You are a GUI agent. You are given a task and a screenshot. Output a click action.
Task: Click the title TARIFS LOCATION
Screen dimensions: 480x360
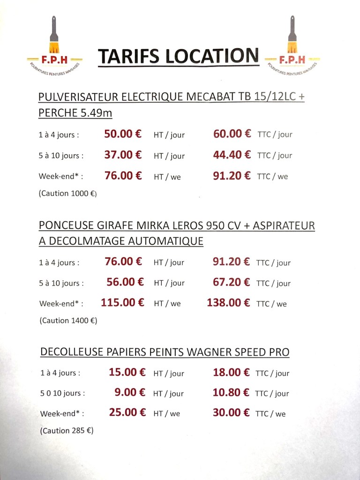click(178, 56)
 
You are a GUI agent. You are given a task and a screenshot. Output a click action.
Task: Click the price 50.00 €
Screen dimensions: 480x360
click(123, 134)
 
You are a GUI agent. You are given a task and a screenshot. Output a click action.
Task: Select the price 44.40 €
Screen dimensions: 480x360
click(232, 155)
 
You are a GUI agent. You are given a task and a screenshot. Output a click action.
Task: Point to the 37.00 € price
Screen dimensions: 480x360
click(123, 155)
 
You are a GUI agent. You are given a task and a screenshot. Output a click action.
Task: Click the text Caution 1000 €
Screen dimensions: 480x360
click(68, 193)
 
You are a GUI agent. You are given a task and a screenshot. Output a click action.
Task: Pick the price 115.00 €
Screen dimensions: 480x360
click(122, 302)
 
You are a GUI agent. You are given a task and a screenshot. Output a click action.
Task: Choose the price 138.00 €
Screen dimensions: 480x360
click(228, 303)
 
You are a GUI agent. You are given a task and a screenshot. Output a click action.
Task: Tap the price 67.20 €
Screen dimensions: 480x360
click(231, 282)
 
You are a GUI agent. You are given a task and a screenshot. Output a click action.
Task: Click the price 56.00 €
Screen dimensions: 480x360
click(125, 282)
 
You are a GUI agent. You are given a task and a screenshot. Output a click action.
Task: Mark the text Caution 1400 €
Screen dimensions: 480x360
click(68, 321)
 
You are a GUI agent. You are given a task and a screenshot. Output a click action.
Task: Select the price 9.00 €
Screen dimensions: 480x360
click(130, 392)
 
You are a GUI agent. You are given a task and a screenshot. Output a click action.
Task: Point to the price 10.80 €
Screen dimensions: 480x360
click(231, 392)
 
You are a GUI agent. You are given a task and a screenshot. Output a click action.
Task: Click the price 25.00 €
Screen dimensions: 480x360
click(127, 413)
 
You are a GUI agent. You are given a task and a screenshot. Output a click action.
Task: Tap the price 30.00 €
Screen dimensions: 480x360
click(231, 413)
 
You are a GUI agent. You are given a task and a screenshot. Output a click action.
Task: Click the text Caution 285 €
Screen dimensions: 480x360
click(67, 430)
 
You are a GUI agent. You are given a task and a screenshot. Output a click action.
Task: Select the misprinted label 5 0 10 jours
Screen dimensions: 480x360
click(62, 393)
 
